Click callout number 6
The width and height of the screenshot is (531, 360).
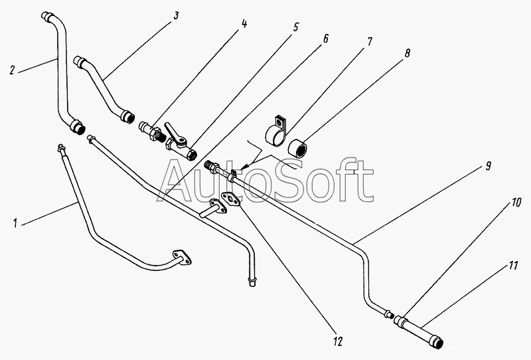(x=326, y=38)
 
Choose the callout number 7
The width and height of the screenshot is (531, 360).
(x=370, y=41)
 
